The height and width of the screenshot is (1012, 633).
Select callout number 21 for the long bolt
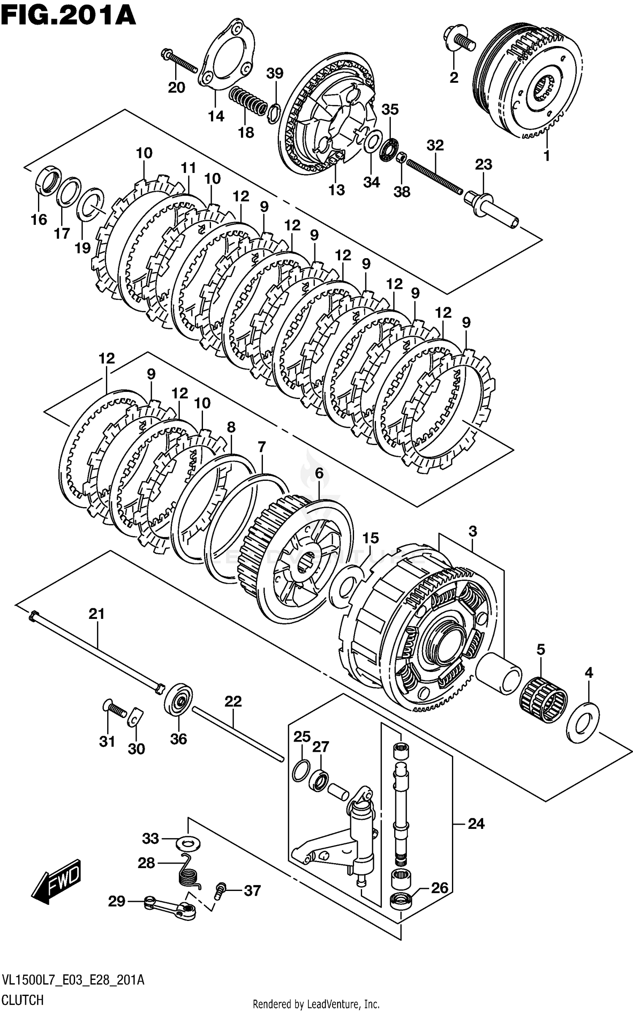tap(96, 614)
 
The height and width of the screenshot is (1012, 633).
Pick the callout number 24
tap(476, 823)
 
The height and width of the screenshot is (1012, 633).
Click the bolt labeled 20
tap(179, 61)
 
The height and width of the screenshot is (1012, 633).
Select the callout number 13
tap(337, 190)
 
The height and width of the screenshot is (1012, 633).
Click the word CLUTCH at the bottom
tap(23, 999)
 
